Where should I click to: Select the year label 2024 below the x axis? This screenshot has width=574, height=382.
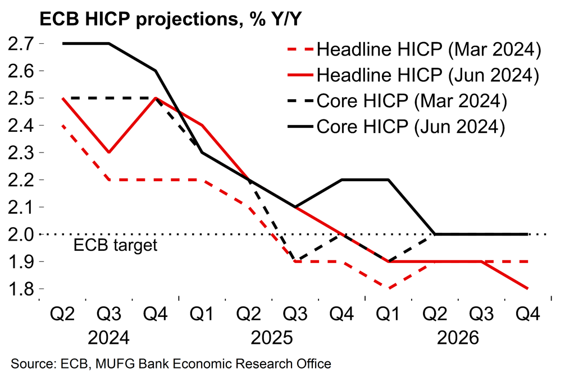(x=108, y=338)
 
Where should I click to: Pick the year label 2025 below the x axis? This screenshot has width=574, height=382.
(x=272, y=338)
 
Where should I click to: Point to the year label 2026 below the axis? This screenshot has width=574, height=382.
(x=458, y=338)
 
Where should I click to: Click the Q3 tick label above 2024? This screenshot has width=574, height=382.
(x=108, y=313)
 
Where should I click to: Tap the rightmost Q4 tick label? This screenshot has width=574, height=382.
(x=527, y=313)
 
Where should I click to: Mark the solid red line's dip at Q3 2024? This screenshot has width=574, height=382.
(x=108, y=152)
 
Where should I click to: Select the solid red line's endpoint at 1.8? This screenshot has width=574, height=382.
(x=527, y=289)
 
